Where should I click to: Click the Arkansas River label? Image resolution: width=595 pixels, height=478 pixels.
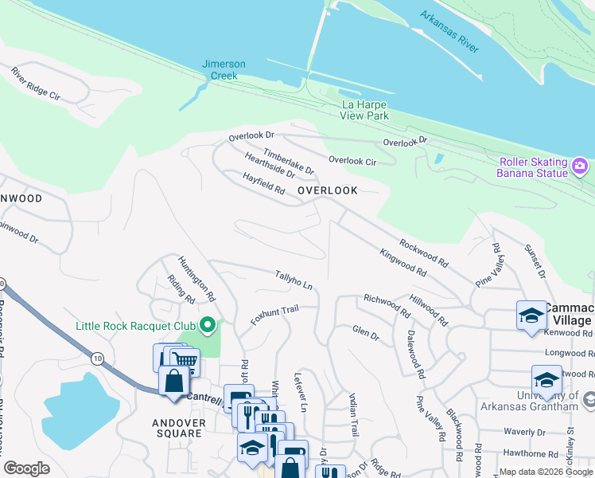pyautogui.click(x=450, y=33)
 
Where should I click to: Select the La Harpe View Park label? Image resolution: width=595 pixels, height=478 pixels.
pyautogui.click(x=365, y=110)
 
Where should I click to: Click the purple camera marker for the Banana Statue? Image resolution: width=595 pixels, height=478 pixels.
pyautogui.click(x=581, y=167)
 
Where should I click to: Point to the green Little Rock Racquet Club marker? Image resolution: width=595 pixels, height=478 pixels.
pyautogui.click(x=208, y=325)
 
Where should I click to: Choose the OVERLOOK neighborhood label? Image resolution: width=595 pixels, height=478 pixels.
pyautogui.click(x=327, y=190)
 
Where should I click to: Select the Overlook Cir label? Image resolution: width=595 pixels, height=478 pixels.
pyautogui.click(x=352, y=161)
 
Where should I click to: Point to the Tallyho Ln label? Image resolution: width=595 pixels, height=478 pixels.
pyautogui.click(x=293, y=280)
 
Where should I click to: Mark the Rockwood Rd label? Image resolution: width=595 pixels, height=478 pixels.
pyautogui.click(x=424, y=253)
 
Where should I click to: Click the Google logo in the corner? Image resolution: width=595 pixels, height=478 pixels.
pyautogui.click(x=27, y=468)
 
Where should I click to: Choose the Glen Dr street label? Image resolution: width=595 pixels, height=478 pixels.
pyautogui.click(x=366, y=333)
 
